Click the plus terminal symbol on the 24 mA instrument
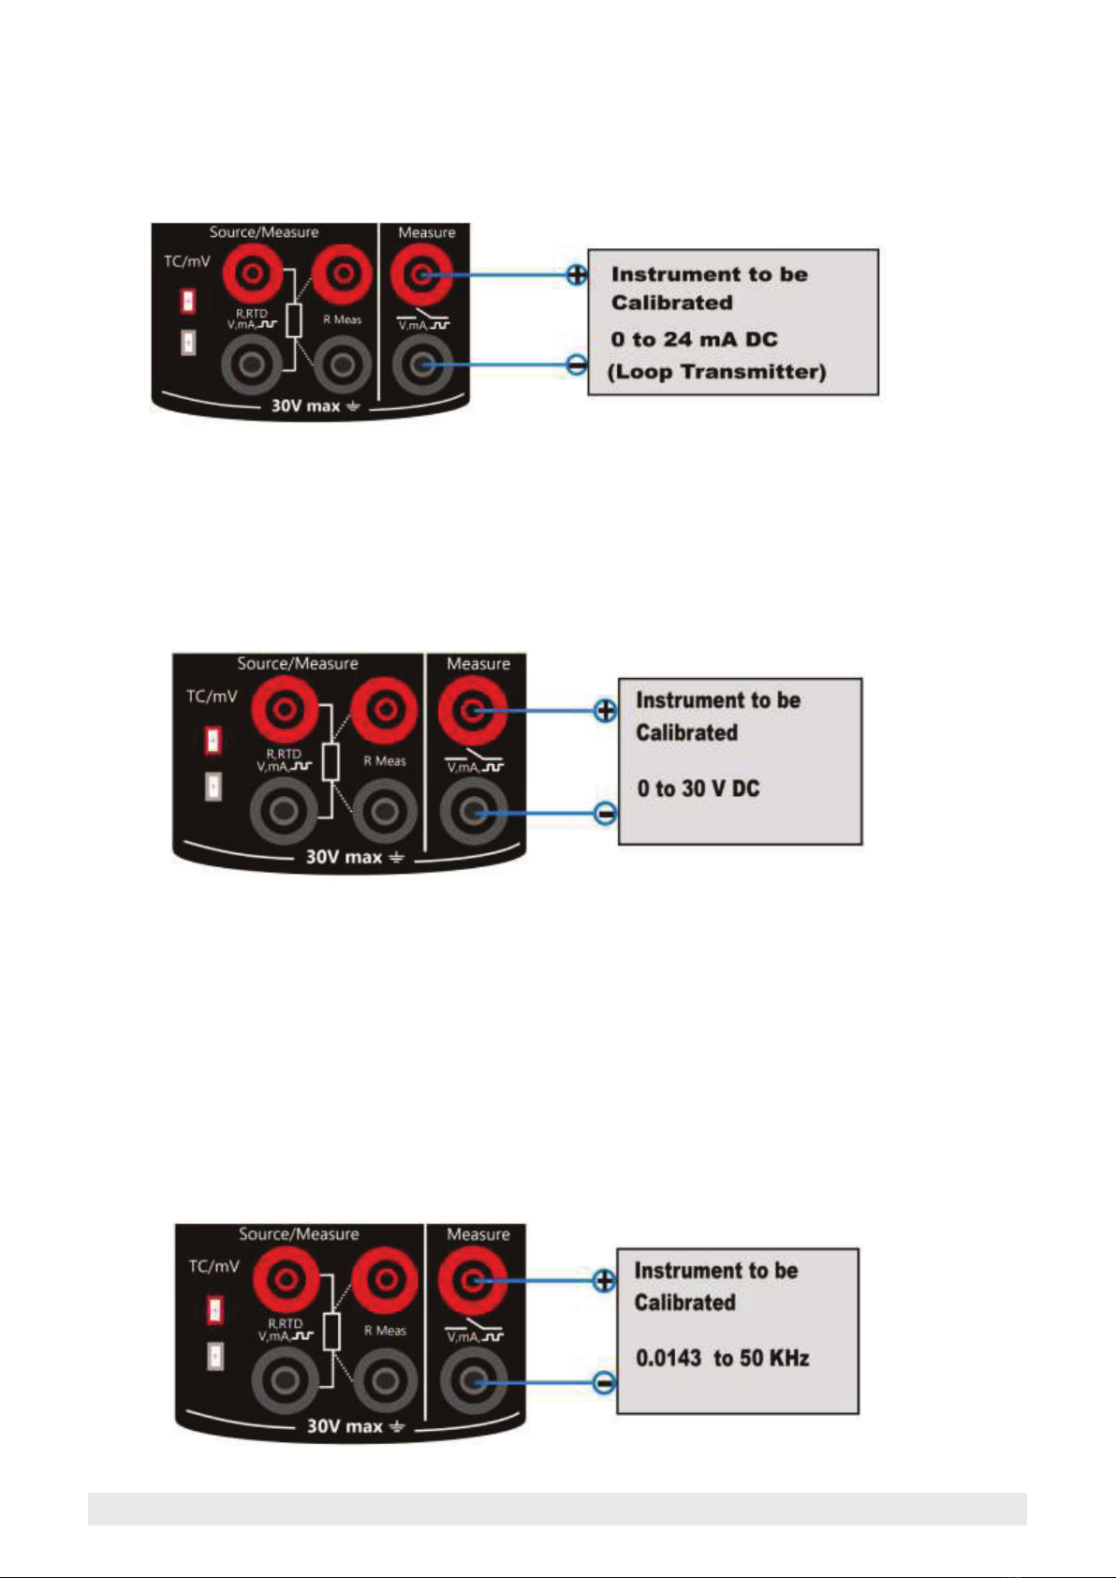(x=577, y=274)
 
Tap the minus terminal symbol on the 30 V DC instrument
(x=606, y=814)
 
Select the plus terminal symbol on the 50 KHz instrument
(x=604, y=1280)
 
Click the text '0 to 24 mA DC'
(x=695, y=340)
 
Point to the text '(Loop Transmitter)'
(x=717, y=371)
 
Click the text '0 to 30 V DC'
(x=698, y=789)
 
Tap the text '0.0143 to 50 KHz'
(x=723, y=1358)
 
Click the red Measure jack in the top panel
(x=421, y=274)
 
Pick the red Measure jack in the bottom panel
(x=473, y=1280)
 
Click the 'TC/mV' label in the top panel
(x=186, y=261)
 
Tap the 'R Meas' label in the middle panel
(x=385, y=760)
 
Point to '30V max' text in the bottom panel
(x=345, y=1426)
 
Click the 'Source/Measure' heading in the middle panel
(x=297, y=663)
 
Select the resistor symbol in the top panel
(x=294, y=320)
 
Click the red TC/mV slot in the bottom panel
(x=215, y=1310)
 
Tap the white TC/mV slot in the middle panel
(x=213, y=786)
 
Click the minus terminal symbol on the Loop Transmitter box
(x=577, y=364)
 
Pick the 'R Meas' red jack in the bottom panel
(x=385, y=1280)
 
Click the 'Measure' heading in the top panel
(x=427, y=231)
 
